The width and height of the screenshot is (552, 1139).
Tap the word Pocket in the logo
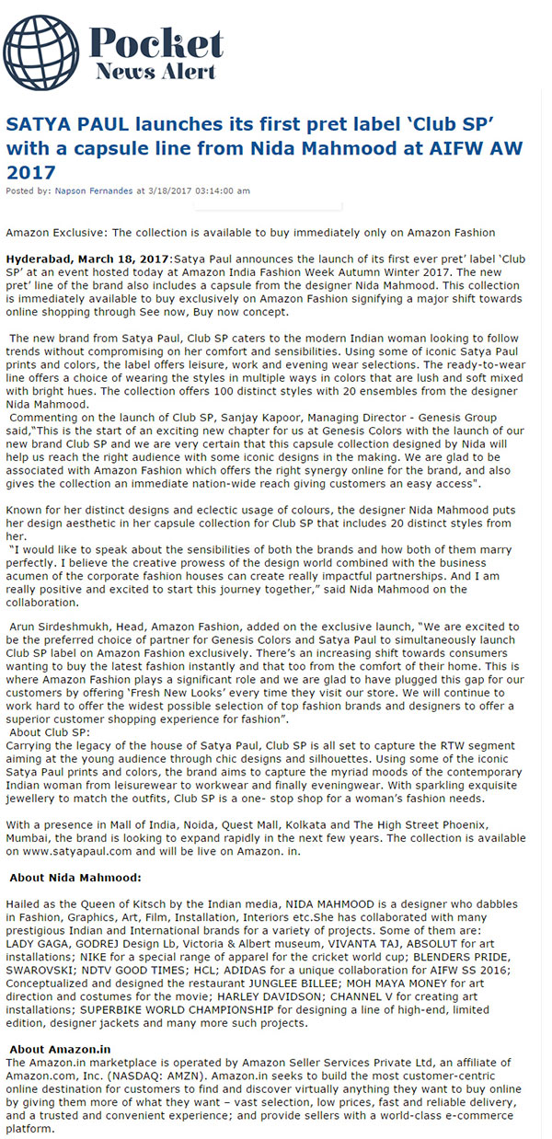coord(156,44)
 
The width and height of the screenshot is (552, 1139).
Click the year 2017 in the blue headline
coord(30,172)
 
